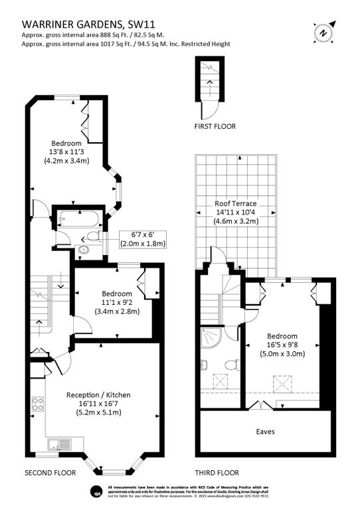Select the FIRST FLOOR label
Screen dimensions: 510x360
[215, 126]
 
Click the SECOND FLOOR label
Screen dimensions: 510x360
[50, 473]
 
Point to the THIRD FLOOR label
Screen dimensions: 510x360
[217, 473]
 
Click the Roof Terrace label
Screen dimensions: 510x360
[235, 203]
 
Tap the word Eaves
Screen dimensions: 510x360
[265, 431]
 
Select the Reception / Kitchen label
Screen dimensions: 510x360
[98, 394]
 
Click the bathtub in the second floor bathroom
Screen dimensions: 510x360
[77, 218]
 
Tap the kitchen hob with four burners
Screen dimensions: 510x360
[38, 404]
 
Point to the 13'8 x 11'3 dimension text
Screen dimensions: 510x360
[66, 152]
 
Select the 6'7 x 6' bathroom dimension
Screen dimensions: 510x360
[142, 234]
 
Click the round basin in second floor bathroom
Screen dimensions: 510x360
[84, 250]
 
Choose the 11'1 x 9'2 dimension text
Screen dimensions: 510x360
[116, 302]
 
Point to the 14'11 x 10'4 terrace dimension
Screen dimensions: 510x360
[235, 212]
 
